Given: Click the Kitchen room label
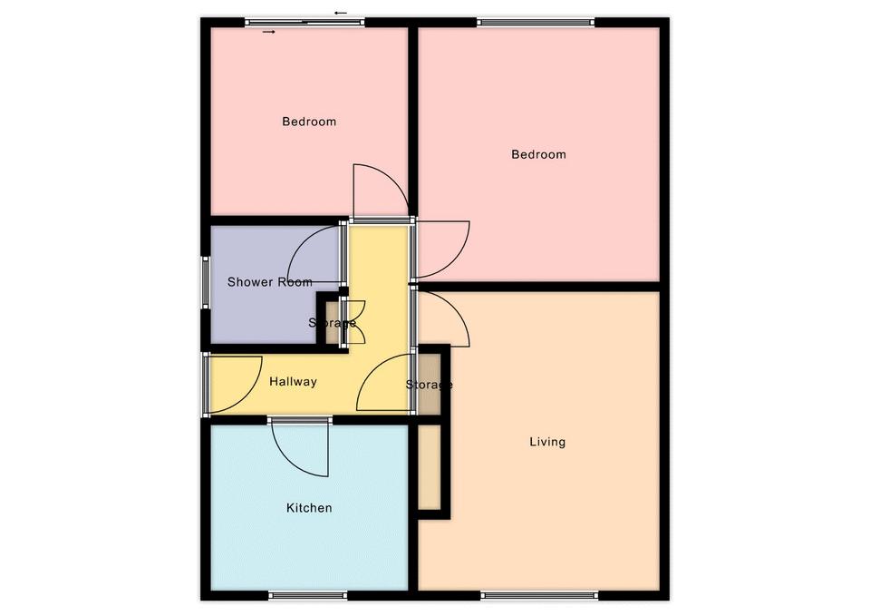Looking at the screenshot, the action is (309, 508).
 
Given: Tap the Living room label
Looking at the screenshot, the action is (547, 442).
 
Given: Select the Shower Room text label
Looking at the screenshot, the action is (270, 282).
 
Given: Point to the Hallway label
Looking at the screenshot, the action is (293, 382).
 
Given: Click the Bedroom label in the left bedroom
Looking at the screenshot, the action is (309, 122).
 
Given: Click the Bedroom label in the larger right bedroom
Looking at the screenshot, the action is (538, 154).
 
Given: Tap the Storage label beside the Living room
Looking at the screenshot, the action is (429, 385).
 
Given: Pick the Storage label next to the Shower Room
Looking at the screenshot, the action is (332, 323).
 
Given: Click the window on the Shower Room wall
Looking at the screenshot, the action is (206, 282).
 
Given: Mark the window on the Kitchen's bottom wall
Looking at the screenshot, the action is (308, 595).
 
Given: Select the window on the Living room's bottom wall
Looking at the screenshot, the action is (538, 595).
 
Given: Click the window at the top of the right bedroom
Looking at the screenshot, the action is (536, 22).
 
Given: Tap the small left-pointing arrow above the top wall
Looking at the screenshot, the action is (341, 13).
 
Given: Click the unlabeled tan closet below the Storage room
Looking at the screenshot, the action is (429, 466).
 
